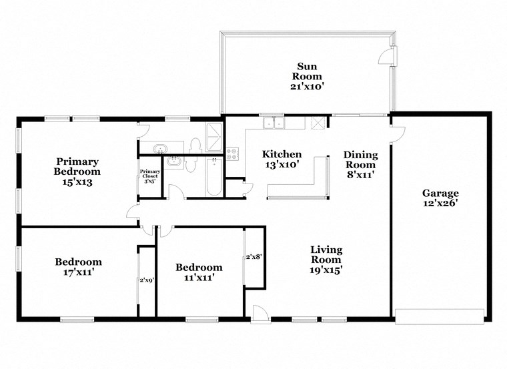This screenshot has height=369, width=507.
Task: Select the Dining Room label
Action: pos(360,164)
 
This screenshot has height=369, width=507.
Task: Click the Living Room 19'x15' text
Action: pos(326,260)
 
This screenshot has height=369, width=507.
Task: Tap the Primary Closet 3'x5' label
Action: pos(147,175)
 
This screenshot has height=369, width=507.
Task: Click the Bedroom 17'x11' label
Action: pos(78,267)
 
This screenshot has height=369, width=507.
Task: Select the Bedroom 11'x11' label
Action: pos(199,272)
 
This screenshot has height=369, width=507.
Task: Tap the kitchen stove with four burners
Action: pos(233,153)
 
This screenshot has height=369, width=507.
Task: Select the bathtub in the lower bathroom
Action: pos(213,177)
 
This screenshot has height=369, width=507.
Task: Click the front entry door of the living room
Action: pos(259,313)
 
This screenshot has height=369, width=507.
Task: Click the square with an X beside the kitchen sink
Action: pos(318,123)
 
